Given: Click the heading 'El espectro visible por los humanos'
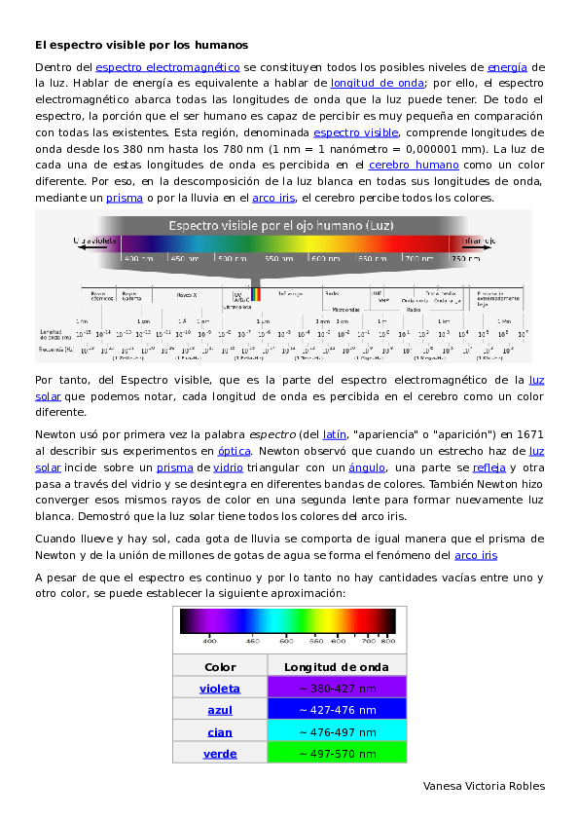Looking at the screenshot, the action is (141, 45).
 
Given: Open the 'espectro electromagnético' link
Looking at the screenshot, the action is (167, 67).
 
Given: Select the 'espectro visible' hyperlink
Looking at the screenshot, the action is (355, 131).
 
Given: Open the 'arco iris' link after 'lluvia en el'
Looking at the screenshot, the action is (273, 198).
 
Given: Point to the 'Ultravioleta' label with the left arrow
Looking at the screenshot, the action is (96, 241).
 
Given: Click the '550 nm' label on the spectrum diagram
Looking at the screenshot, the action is (278, 259).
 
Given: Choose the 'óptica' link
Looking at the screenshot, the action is (234, 451).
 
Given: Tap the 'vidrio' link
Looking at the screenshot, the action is (228, 467).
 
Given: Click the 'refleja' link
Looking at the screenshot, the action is (489, 467).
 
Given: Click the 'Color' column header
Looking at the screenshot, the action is (220, 667).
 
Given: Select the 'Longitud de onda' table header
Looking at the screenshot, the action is (337, 667).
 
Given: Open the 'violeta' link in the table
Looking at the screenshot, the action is (220, 689).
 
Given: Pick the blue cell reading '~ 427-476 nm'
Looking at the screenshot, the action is (337, 710).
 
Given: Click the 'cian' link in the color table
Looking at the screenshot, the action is (220, 731).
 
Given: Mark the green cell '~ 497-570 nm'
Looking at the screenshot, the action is (337, 753).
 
